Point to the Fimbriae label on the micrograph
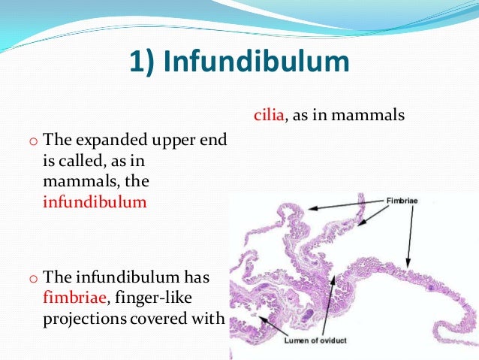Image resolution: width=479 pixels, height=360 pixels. pyautogui.click(x=402, y=201)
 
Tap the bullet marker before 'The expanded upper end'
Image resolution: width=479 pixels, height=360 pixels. pyautogui.click(x=32, y=141)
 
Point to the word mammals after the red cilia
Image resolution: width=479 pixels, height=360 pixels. pyautogui.click(x=371, y=116)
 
